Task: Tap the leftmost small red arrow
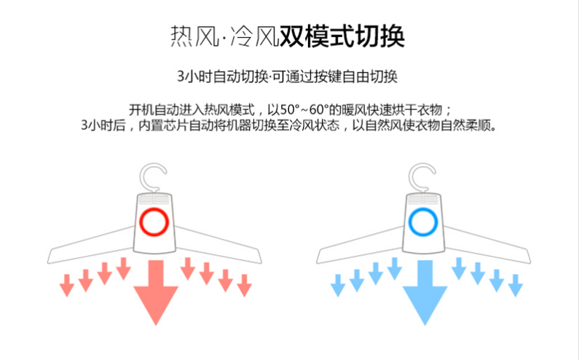67,283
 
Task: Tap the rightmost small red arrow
244,283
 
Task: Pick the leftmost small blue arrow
338,283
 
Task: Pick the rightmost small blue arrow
515,283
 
